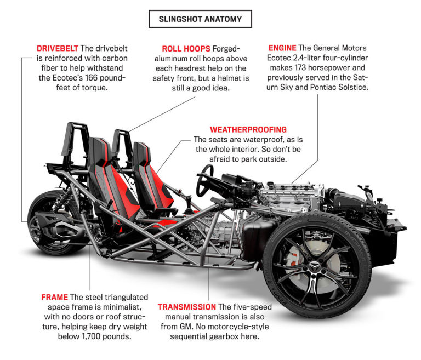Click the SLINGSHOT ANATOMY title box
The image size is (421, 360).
(x=200, y=19)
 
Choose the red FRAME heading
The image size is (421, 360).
(x=55, y=297)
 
